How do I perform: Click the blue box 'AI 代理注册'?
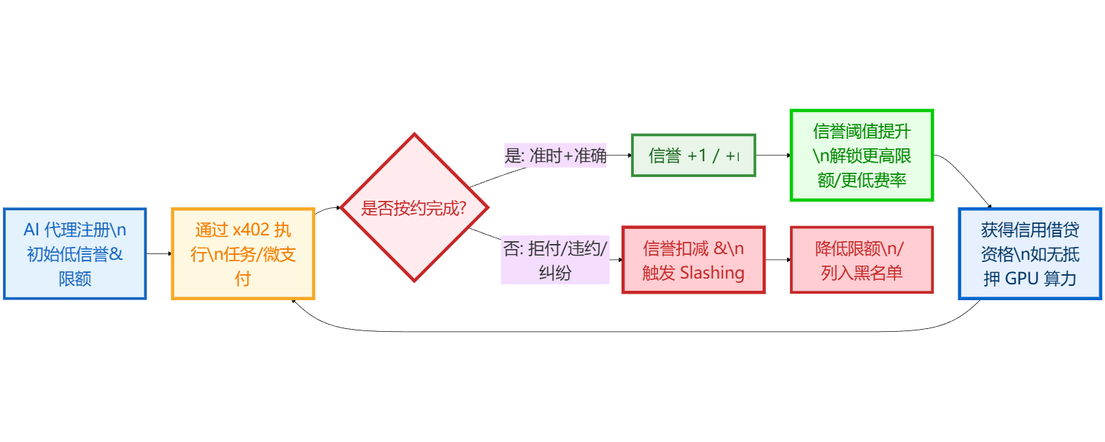75,253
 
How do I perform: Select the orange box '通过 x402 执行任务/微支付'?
243,253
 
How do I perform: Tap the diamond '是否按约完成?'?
414,209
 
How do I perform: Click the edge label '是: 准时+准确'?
555,155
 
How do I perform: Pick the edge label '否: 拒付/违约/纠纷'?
555,260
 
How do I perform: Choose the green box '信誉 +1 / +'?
694,155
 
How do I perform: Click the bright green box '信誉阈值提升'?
861,155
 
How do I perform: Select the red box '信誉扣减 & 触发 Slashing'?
694,260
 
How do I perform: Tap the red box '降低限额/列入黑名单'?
861,260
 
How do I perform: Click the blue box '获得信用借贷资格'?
1029,253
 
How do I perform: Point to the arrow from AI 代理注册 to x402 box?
159,253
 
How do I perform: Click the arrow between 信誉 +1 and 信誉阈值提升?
773,155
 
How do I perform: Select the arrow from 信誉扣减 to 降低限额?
778,260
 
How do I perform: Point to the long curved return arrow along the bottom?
633,331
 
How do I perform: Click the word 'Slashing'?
711,273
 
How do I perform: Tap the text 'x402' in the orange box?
250,230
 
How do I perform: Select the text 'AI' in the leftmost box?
32,230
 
